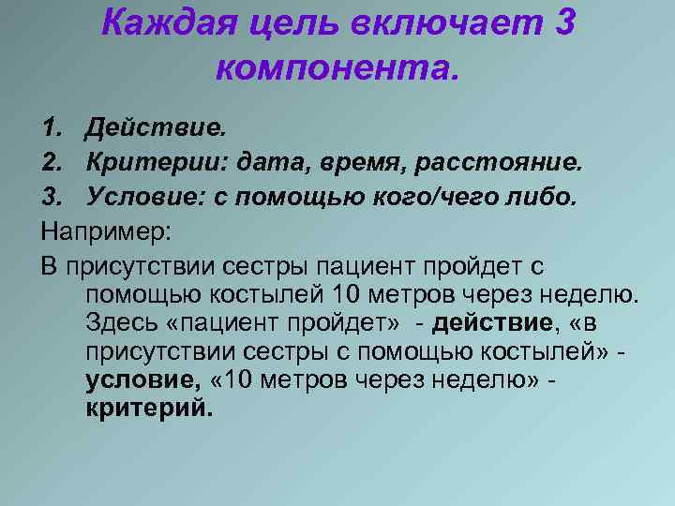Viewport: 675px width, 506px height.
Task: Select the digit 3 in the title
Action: [x=563, y=23]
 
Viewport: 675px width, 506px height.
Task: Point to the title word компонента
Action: [x=338, y=66]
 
